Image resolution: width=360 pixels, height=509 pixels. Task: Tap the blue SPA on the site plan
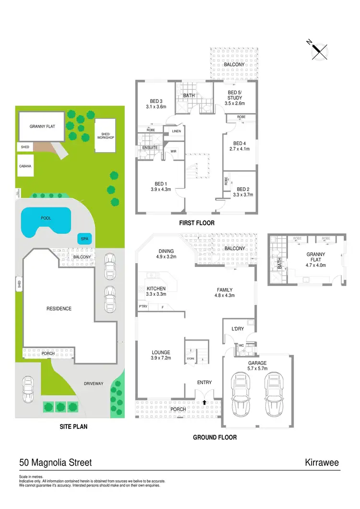tap(84, 238)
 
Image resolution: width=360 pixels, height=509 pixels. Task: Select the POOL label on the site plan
tap(46, 218)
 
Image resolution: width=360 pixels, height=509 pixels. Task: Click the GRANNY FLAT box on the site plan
tap(41, 127)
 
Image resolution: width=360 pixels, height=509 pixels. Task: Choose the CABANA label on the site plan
tap(25, 166)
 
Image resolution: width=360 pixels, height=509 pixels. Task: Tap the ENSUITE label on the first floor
tap(149, 147)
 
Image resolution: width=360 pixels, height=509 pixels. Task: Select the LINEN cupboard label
tap(176, 131)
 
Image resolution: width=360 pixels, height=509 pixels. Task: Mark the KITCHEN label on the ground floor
tap(156, 289)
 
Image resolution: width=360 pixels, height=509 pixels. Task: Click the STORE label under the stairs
tap(190, 358)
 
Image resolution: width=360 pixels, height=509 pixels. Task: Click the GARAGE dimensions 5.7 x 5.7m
tap(257, 370)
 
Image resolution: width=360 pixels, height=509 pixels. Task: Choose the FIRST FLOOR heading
tap(197, 223)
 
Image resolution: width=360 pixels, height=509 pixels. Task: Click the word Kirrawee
tap(322, 463)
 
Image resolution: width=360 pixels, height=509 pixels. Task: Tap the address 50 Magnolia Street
tap(56, 463)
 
